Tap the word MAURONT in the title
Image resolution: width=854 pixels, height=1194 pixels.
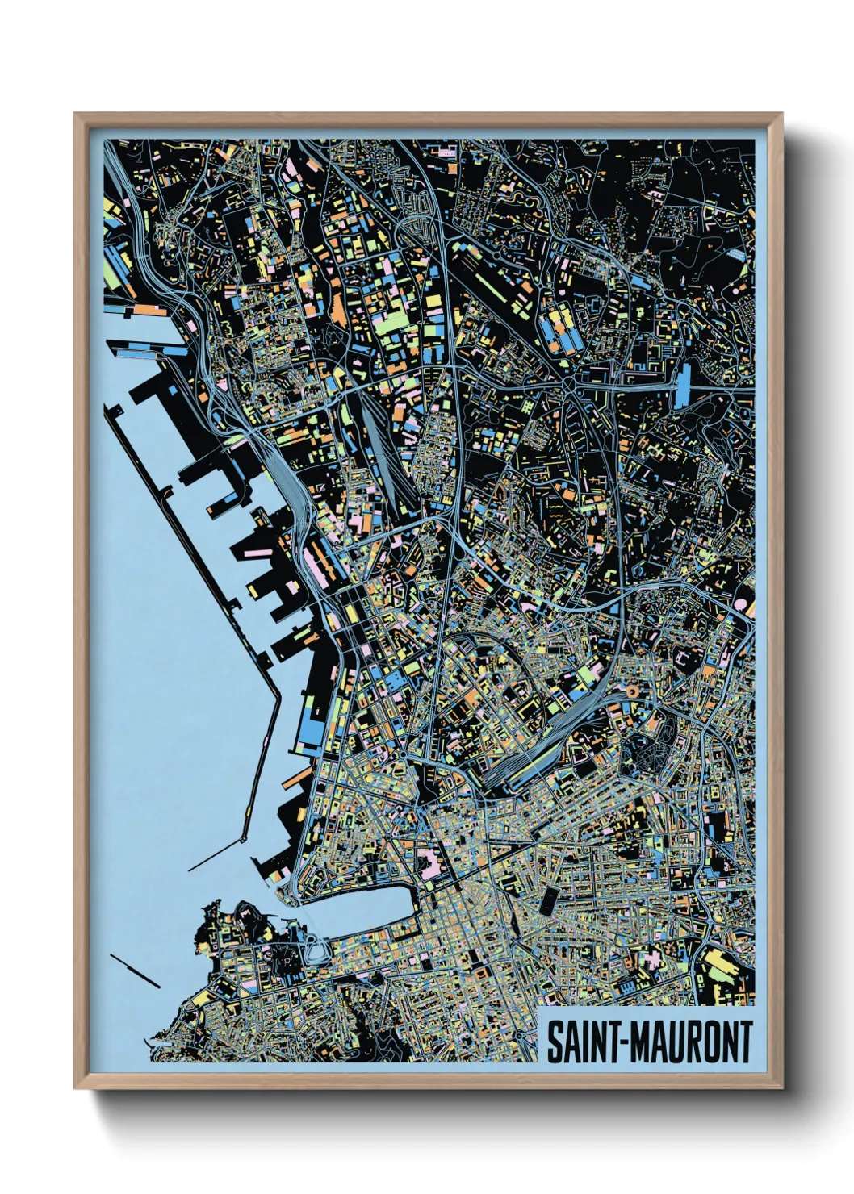point(691,1042)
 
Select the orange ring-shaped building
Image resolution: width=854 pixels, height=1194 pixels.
point(632,691)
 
